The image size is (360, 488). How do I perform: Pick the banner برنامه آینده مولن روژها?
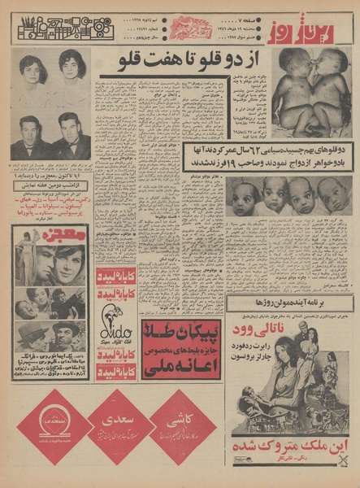tap(291, 304)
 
